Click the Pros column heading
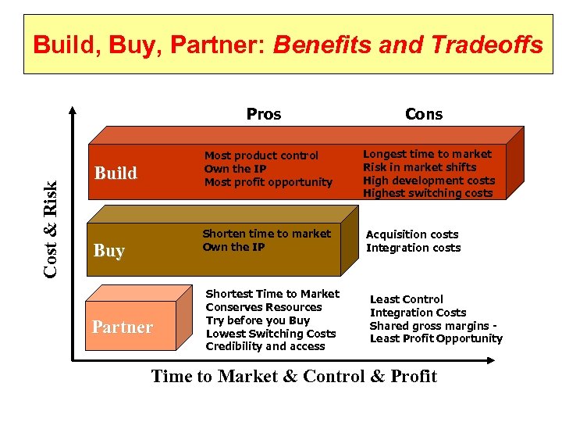263,114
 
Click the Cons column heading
424,114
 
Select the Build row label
116,173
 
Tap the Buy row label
108,250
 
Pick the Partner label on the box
122,327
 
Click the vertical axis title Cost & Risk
51,227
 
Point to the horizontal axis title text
293,377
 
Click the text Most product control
250,156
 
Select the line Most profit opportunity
268,182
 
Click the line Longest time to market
427,154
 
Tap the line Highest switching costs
428,193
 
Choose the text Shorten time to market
266,234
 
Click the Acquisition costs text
412,234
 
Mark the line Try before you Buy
258,320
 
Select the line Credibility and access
265,346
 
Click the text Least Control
406,299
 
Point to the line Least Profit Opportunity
436,338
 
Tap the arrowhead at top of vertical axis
73,110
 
